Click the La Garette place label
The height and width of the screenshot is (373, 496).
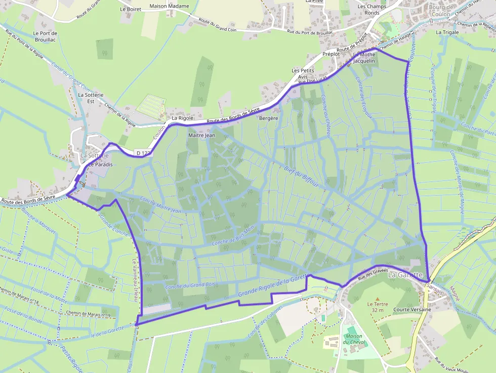405,275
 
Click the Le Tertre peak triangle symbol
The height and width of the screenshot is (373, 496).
377,298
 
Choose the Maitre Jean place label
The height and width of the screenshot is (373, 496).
201,135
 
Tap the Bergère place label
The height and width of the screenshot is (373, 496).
269,118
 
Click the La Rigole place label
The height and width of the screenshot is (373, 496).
182,118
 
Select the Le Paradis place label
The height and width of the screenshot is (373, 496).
100,165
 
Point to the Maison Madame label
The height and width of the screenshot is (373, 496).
169,7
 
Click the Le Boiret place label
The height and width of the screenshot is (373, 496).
131,9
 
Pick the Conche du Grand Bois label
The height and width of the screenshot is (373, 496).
190,286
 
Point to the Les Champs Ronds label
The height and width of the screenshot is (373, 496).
372,10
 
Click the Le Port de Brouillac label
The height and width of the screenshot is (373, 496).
45,36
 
